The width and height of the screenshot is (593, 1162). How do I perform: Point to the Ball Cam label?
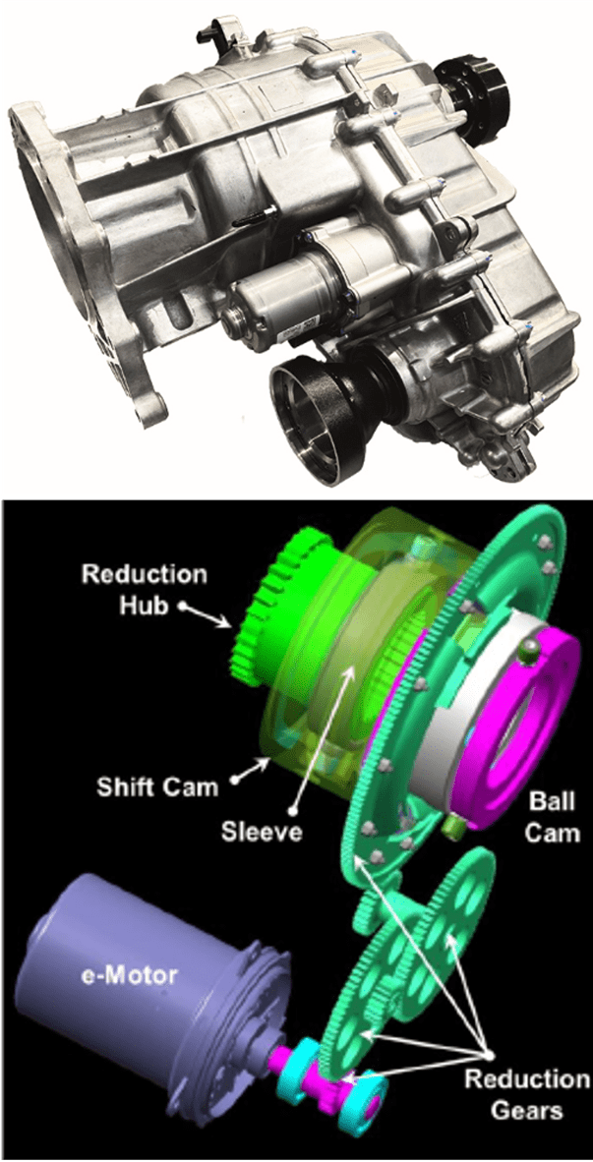click(553, 817)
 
